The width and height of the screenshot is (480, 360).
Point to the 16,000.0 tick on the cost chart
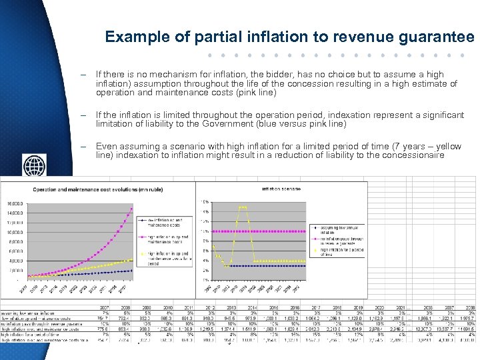15,203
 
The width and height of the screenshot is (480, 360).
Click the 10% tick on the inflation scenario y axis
206,231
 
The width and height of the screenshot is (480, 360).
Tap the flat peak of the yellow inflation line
243,207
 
